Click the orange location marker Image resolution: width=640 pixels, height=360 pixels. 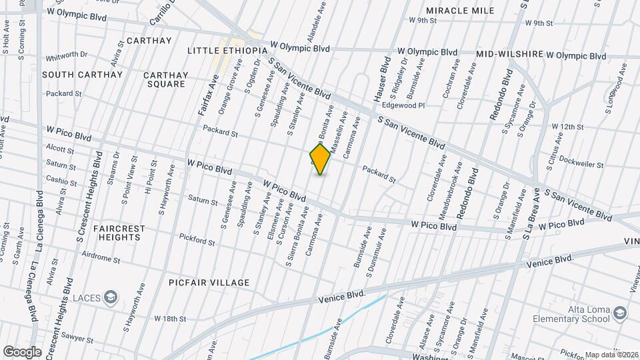click(x=321, y=159)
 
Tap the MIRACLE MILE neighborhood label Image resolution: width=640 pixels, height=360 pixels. click(x=460, y=11)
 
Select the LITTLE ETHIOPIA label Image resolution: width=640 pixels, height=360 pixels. click(x=227, y=51)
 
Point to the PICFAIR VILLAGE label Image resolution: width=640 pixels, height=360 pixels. click(x=209, y=283)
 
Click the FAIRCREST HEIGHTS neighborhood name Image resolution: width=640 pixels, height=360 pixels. click(x=119, y=233)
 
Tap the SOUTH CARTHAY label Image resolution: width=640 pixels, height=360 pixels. click(x=83, y=75)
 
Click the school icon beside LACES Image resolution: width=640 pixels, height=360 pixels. click(x=111, y=297)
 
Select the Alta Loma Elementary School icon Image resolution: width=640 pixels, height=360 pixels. click(x=621, y=313)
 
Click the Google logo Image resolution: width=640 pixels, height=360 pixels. click(x=23, y=351)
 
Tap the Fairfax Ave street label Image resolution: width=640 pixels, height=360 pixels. click(x=209, y=95)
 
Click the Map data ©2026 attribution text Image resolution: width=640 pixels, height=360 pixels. click(x=611, y=355)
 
